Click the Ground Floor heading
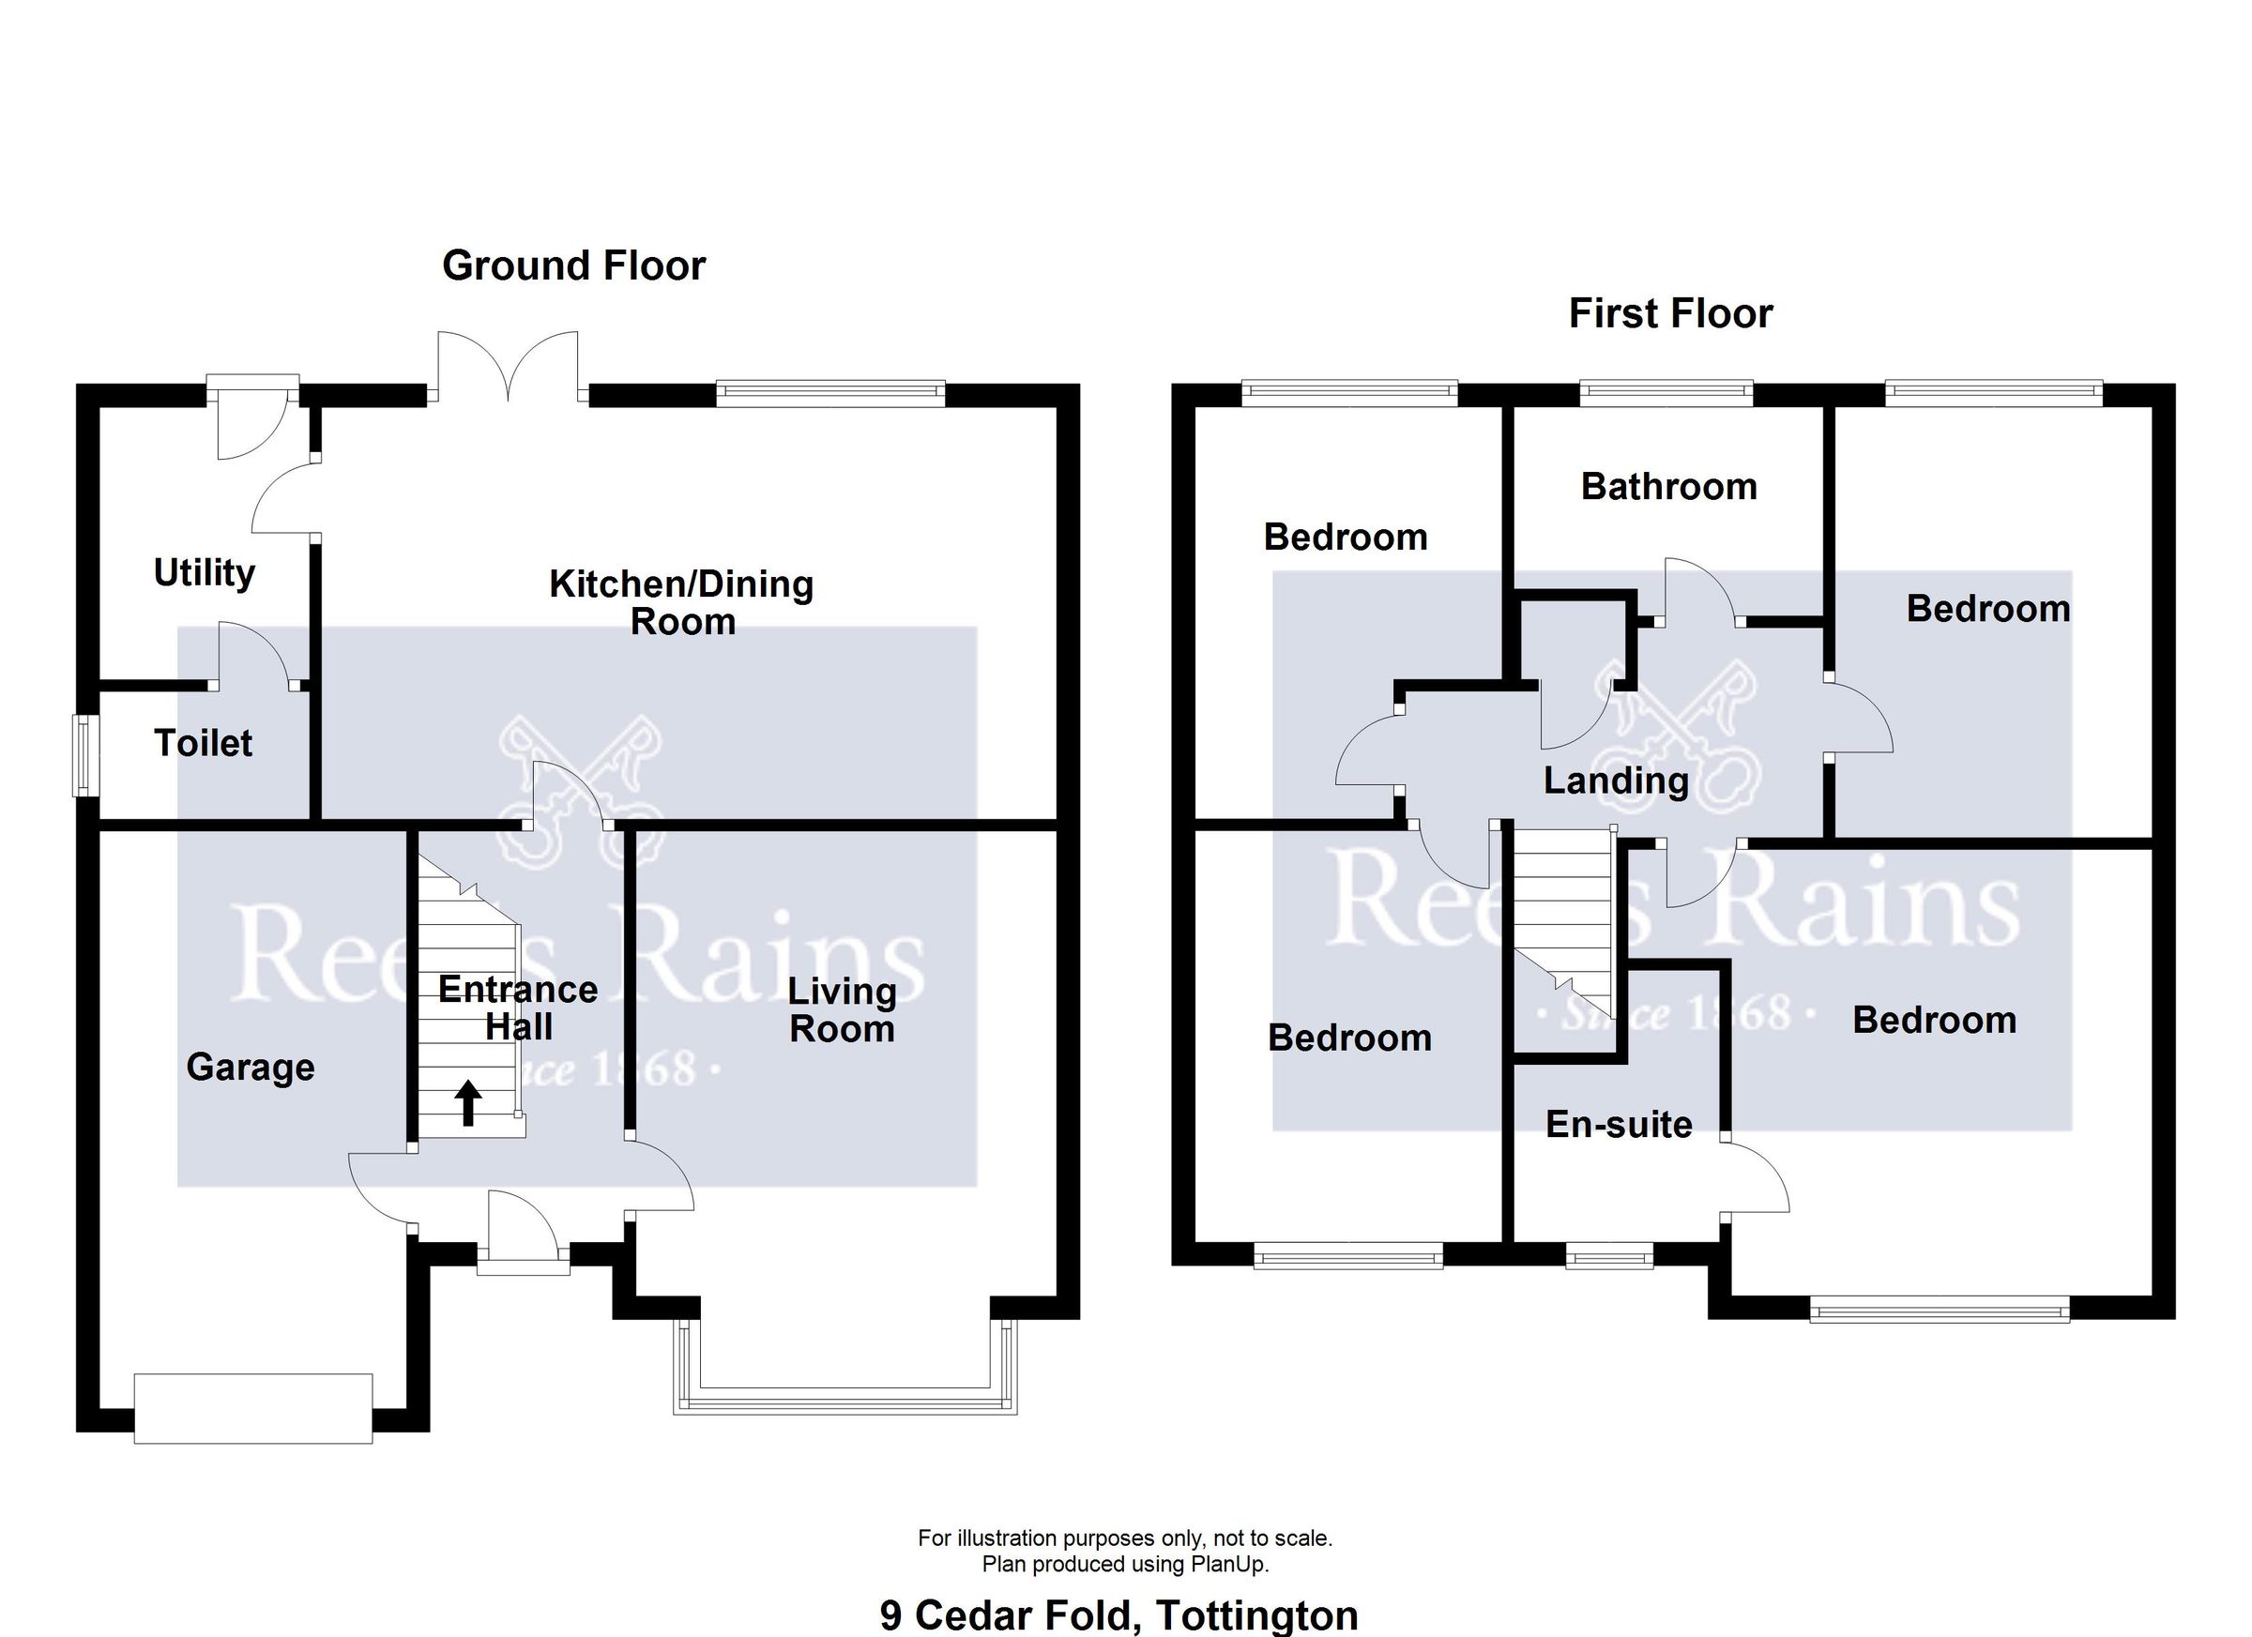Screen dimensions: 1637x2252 [573, 265]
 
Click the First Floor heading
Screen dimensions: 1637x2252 [1669, 312]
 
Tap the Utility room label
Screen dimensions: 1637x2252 [204, 572]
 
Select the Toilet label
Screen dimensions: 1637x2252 [203, 743]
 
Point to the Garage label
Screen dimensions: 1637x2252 [251, 1067]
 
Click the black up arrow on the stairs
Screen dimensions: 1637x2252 [467, 1103]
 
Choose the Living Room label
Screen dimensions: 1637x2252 [841, 1009]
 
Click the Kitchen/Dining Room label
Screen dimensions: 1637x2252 [681, 601]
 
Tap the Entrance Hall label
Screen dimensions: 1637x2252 [517, 1008]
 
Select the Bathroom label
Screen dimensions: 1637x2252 [1668, 487]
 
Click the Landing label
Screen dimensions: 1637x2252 [1616, 781]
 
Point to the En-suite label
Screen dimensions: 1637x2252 [1619, 1124]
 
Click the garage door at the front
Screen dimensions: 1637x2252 [252, 1408]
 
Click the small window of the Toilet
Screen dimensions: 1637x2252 [85, 755]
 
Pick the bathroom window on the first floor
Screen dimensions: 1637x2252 [1666, 394]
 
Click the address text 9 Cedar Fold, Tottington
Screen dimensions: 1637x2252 [1118, 1615]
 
